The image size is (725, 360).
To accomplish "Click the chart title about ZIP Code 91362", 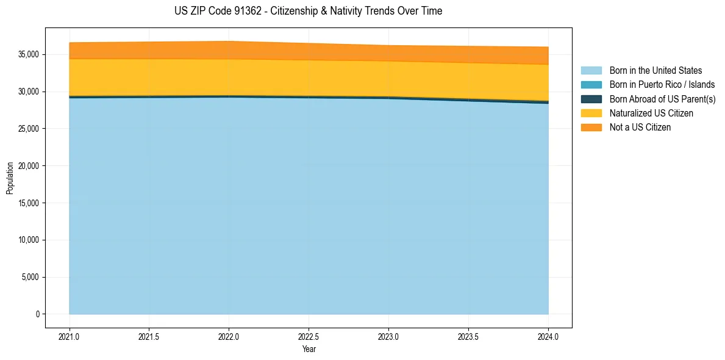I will (x=308, y=11).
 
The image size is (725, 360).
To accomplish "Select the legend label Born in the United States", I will (x=655, y=71).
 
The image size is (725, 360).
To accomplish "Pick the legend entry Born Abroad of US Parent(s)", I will (x=662, y=99).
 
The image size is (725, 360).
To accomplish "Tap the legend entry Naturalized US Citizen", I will (x=651, y=113).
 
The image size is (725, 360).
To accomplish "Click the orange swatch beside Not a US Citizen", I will (x=591, y=128).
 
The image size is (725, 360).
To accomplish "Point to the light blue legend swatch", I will (x=591, y=71).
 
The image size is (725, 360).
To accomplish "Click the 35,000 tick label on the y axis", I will (x=28, y=55).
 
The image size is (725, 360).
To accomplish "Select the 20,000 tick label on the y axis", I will (x=28, y=166).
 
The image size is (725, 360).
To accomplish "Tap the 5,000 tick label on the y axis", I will (x=30, y=278).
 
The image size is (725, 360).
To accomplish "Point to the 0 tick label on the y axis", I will (x=37, y=314).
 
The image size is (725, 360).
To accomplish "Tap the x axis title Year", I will (x=309, y=350).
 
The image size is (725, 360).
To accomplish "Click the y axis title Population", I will (x=10, y=178).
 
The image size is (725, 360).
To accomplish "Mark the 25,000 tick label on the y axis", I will (x=28, y=129).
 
